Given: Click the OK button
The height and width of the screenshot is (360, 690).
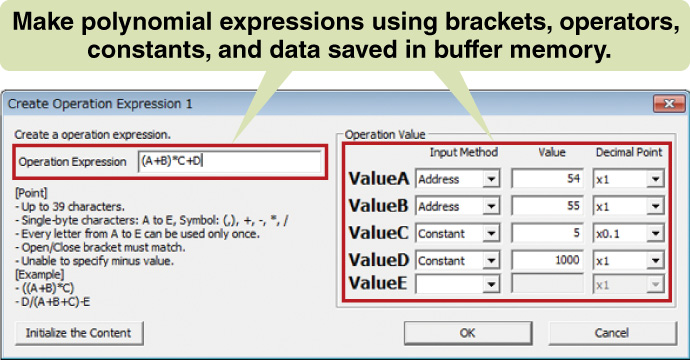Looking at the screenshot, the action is click(x=468, y=333).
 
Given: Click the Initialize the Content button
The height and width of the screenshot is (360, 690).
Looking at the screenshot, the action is click(x=79, y=333).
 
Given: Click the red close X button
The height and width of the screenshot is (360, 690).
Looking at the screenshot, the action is click(x=669, y=104).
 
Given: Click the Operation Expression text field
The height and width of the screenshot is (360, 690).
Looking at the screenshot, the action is click(x=230, y=162).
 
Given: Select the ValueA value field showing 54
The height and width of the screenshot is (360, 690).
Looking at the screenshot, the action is click(x=547, y=179).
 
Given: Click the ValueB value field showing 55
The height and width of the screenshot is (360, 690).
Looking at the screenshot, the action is click(x=547, y=206).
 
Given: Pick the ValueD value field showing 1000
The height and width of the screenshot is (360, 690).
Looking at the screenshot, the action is click(x=547, y=261).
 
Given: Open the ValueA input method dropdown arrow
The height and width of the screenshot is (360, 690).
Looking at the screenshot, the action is click(x=491, y=180).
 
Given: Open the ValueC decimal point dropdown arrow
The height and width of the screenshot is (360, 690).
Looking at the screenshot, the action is click(x=655, y=234).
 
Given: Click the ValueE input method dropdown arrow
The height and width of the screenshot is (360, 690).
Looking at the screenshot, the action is click(x=491, y=285).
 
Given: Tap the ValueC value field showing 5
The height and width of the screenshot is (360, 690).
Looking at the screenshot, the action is click(x=547, y=233).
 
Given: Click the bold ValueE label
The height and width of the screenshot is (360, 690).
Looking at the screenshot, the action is click(x=378, y=283).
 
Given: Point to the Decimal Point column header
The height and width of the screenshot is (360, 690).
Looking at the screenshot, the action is click(x=629, y=152).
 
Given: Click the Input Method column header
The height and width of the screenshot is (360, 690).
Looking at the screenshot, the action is click(x=464, y=152).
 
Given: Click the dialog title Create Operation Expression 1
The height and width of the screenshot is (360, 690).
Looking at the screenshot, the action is click(x=100, y=104).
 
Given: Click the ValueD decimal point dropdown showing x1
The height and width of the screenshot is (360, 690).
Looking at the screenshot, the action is click(x=628, y=261).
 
